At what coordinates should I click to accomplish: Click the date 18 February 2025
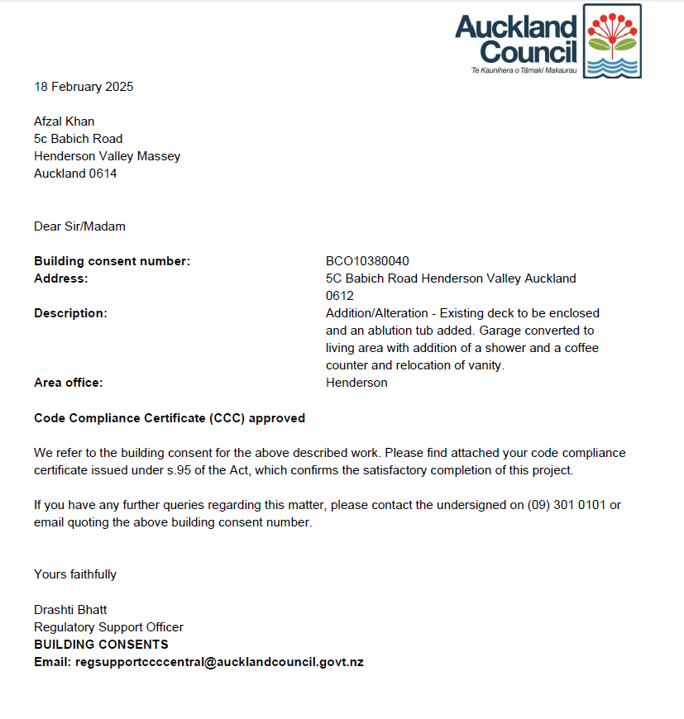(x=84, y=87)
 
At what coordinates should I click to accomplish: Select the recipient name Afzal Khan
(x=64, y=121)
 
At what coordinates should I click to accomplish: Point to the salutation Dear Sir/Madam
(x=79, y=226)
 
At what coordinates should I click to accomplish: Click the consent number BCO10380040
(x=367, y=261)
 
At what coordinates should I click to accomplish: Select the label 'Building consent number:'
(x=112, y=261)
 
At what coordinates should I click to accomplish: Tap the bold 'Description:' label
(x=70, y=313)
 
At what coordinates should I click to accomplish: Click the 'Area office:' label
(x=68, y=383)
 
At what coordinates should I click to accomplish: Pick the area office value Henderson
(x=356, y=383)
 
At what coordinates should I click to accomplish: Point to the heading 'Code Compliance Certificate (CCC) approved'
(x=170, y=418)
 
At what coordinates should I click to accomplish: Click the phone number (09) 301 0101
(x=567, y=505)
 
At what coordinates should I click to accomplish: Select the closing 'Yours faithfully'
(x=75, y=574)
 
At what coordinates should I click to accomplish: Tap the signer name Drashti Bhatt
(x=70, y=610)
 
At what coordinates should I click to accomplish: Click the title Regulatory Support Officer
(x=108, y=627)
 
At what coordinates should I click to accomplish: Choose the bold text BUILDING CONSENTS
(x=101, y=645)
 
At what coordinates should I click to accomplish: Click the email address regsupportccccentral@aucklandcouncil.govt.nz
(x=219, y=662)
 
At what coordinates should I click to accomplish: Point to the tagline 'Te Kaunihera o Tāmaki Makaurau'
(x=523, y=71)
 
